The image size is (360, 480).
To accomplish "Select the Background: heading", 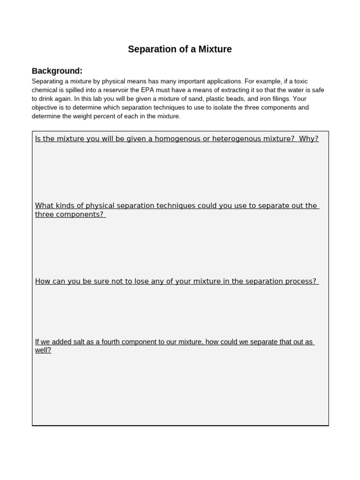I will pyautogui.click(x=57, y=71).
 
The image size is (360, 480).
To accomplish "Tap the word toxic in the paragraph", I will pyautogui.click(x=298, y=81).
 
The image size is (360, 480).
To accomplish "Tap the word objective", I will pyautogui.click(x=45, y=107).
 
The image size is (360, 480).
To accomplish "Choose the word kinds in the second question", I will pyautogui.click(x=64, y=206).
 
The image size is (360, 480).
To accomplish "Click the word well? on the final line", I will pyautogui.click(x=43, y=350).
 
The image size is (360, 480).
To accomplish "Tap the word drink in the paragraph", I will pyautogui.click(x=46, y=99).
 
